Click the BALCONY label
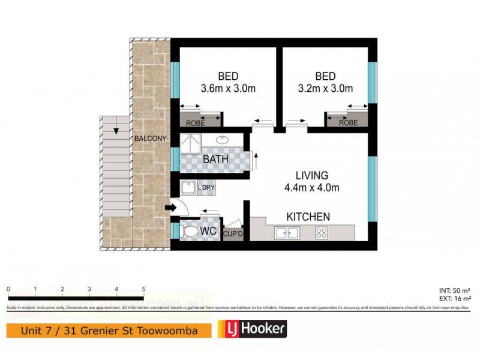[x=150, y=139]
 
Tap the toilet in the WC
[x=191, y=230]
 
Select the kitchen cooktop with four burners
[x=321, y=233]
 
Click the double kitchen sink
[x=286, y=233]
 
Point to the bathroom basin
[x=223, y=140]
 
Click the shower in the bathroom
[x=191, y=144]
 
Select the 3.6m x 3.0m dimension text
[x=228, y=89]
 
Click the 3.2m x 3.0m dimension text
[x=325, y=89]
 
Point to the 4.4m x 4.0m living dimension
[x=313, y=187]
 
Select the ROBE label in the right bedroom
[x=348, y=122]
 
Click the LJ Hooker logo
[x=251, y=329]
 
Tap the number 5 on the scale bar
[x=143, y=289]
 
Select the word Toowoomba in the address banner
[x=176, y=329]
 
